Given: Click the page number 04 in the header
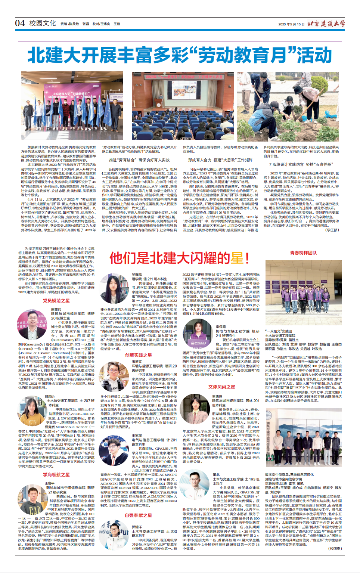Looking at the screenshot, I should [x=20, y=23].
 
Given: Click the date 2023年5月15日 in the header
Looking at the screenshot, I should [x=291, y=24].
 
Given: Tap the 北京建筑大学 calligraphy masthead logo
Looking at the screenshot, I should [x=326, y=24].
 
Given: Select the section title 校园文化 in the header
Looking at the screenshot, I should [x=43, y=23].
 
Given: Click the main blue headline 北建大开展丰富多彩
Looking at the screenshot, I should [x=180, y=55].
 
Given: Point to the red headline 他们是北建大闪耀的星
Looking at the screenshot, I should [x=180, y=258].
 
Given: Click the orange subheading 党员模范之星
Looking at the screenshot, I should [x=56, y=300].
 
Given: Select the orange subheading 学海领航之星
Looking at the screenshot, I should [x=56, y=474].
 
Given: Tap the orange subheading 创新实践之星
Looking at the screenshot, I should [x=139, y=355].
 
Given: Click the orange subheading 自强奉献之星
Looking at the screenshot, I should [x=139, y=515].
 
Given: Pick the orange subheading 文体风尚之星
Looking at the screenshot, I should [x=222, y=387].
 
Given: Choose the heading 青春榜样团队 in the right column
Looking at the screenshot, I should [x=303, y=253].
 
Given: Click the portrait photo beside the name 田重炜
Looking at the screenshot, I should [x=32, y=324].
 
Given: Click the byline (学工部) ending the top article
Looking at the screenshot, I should [x=332, y=230].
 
